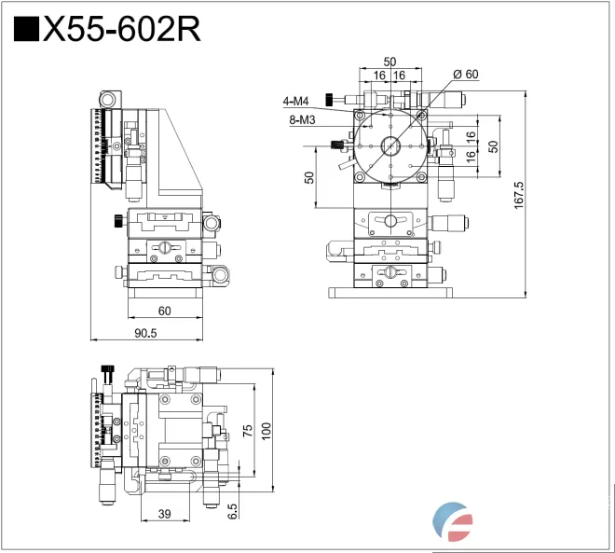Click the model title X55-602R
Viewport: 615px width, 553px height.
coord(121,30)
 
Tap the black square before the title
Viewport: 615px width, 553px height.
coord(27,30)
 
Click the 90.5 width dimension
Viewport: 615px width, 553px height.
coord(145,333)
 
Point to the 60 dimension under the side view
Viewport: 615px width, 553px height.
coord(164,311)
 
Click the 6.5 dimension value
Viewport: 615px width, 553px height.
coord(232,510)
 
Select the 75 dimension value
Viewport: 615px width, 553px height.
coord(247,430)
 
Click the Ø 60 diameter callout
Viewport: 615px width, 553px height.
coord(465,74)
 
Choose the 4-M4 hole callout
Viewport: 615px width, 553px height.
coord(296,101)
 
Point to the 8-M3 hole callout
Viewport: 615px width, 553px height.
coord(301,119)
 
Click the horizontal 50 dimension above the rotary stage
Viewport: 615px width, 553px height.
coord(389,62)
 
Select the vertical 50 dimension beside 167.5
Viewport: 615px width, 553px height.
coord(494,145)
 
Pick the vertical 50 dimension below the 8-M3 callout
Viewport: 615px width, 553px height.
coord(307,176)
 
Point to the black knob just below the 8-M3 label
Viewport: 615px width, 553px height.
coord(335,144)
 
